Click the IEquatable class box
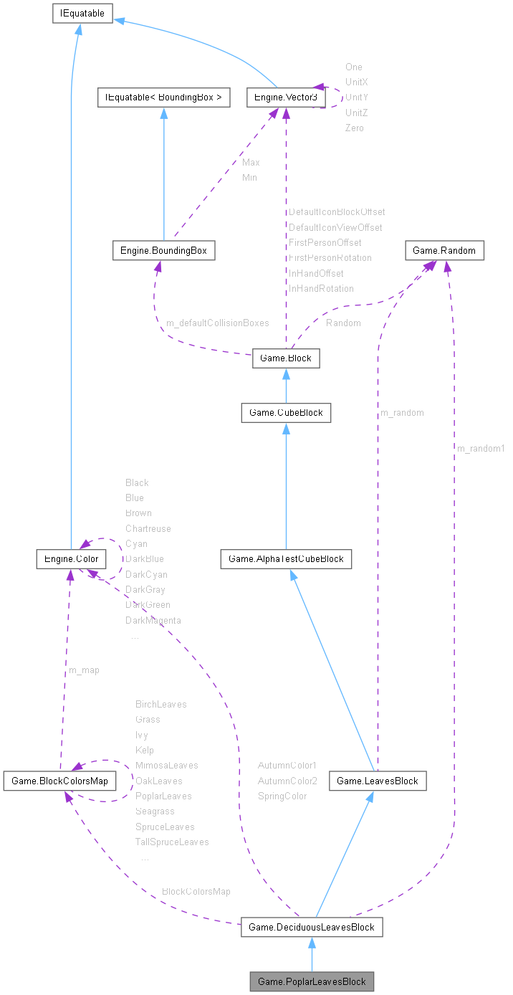(x=82, y=13)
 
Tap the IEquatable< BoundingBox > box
(x=163, y=97)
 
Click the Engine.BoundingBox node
(x=164, y=250)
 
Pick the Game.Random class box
(x=445, y=250)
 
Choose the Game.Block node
(x=286, y=358)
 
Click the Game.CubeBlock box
(x=286, y=412)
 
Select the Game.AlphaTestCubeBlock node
(x=286, y=558)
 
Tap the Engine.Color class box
(x=71, y=558)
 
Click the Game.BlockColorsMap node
(x=59, y=781)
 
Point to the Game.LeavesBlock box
(x=378, y=781)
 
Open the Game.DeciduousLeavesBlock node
(x=312, y=927)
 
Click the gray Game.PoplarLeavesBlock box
(x=312, y=981)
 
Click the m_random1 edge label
(x=481, y=448)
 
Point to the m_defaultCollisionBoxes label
(x=218, y=323)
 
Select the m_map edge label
(x=84, y=670)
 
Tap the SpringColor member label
(x=282, y=796)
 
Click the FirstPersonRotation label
(x=330, y=257)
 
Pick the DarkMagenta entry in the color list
(x=153, y=620)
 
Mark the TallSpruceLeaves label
(x=172, y=842)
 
